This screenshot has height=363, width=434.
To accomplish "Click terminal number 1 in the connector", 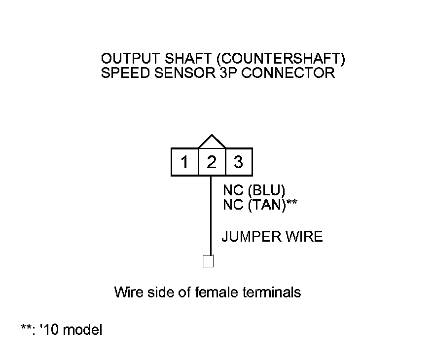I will click(184, 162).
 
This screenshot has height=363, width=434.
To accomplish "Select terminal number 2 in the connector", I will click(212, 162).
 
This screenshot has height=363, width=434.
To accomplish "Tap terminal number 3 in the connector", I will click(239, 162).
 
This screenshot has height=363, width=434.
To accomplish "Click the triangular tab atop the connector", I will click(212, 142).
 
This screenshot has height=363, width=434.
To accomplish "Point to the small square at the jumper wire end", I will click(209, 261).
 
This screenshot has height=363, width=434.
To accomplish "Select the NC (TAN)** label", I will click(259, 205).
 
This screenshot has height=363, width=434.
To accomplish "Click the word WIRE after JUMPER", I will click(303, 237).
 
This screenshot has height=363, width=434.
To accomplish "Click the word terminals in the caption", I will click(272, 292).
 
